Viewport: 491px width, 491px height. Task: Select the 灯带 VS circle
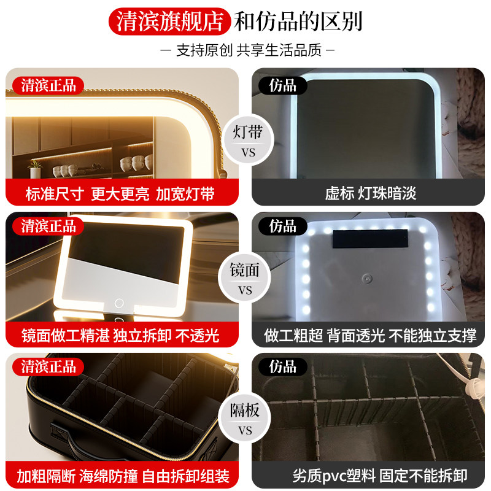(x=245, y=141)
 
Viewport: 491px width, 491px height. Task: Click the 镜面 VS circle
(x=245, y=279)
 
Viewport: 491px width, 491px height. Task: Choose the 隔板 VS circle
(x=245, y=419)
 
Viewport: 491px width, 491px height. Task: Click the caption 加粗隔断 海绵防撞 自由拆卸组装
(x=123, y=476)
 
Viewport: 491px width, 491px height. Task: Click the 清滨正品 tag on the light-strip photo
(x=48, y=85)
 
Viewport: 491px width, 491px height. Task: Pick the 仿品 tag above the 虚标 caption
(x=283, y=85)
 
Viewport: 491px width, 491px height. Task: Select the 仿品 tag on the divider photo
(x=283, y=367)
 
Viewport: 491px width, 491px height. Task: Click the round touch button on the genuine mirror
(x=118, y=303)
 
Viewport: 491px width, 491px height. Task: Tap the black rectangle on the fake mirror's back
(x=370, y=237)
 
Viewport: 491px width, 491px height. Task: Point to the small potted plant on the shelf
(x=34, y=164)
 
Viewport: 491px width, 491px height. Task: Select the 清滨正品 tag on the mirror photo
(x=48, y=226)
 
